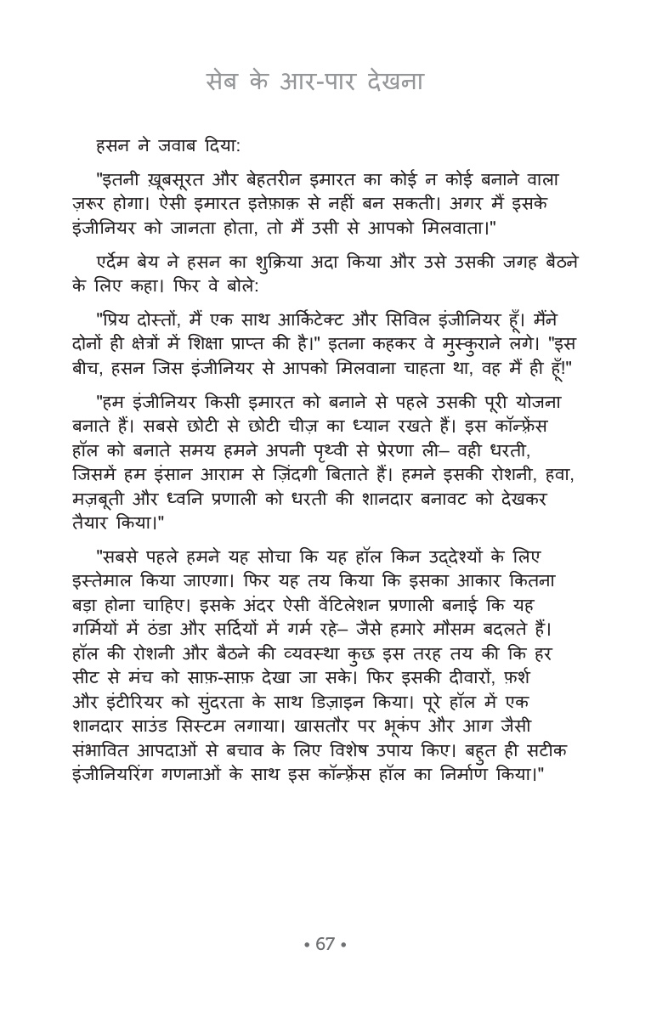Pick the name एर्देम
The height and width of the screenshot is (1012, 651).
pyautogui.click(x=121, y=259)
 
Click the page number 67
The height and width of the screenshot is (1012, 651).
pyautogui.click(x=325, y=944)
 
